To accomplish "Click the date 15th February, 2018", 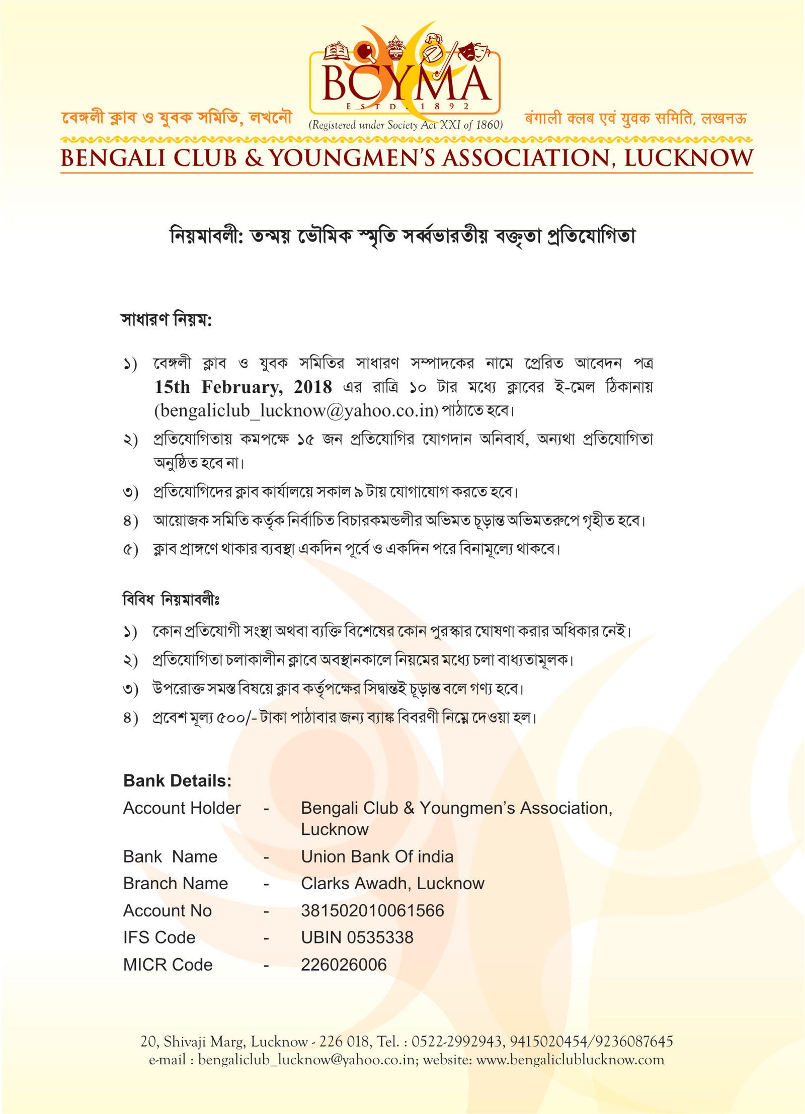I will click(243, 387).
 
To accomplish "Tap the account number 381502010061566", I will click(372, 910).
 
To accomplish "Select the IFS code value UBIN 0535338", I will click(357, 937).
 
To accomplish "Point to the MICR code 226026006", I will click(344, 965).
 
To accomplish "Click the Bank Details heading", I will click(177, 781).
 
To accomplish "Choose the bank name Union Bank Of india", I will click(377, 856).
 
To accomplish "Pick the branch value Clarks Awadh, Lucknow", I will click(392, 883).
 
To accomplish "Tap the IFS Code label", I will click(159, 937).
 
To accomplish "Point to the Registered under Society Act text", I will click(406, 125).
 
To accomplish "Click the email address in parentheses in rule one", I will click(296, 410).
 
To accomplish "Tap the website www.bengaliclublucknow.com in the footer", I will click(570, 1060).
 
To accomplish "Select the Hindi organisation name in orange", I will click(635, 119).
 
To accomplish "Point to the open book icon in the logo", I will click(337, 51).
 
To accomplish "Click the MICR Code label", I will click(168, 965).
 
